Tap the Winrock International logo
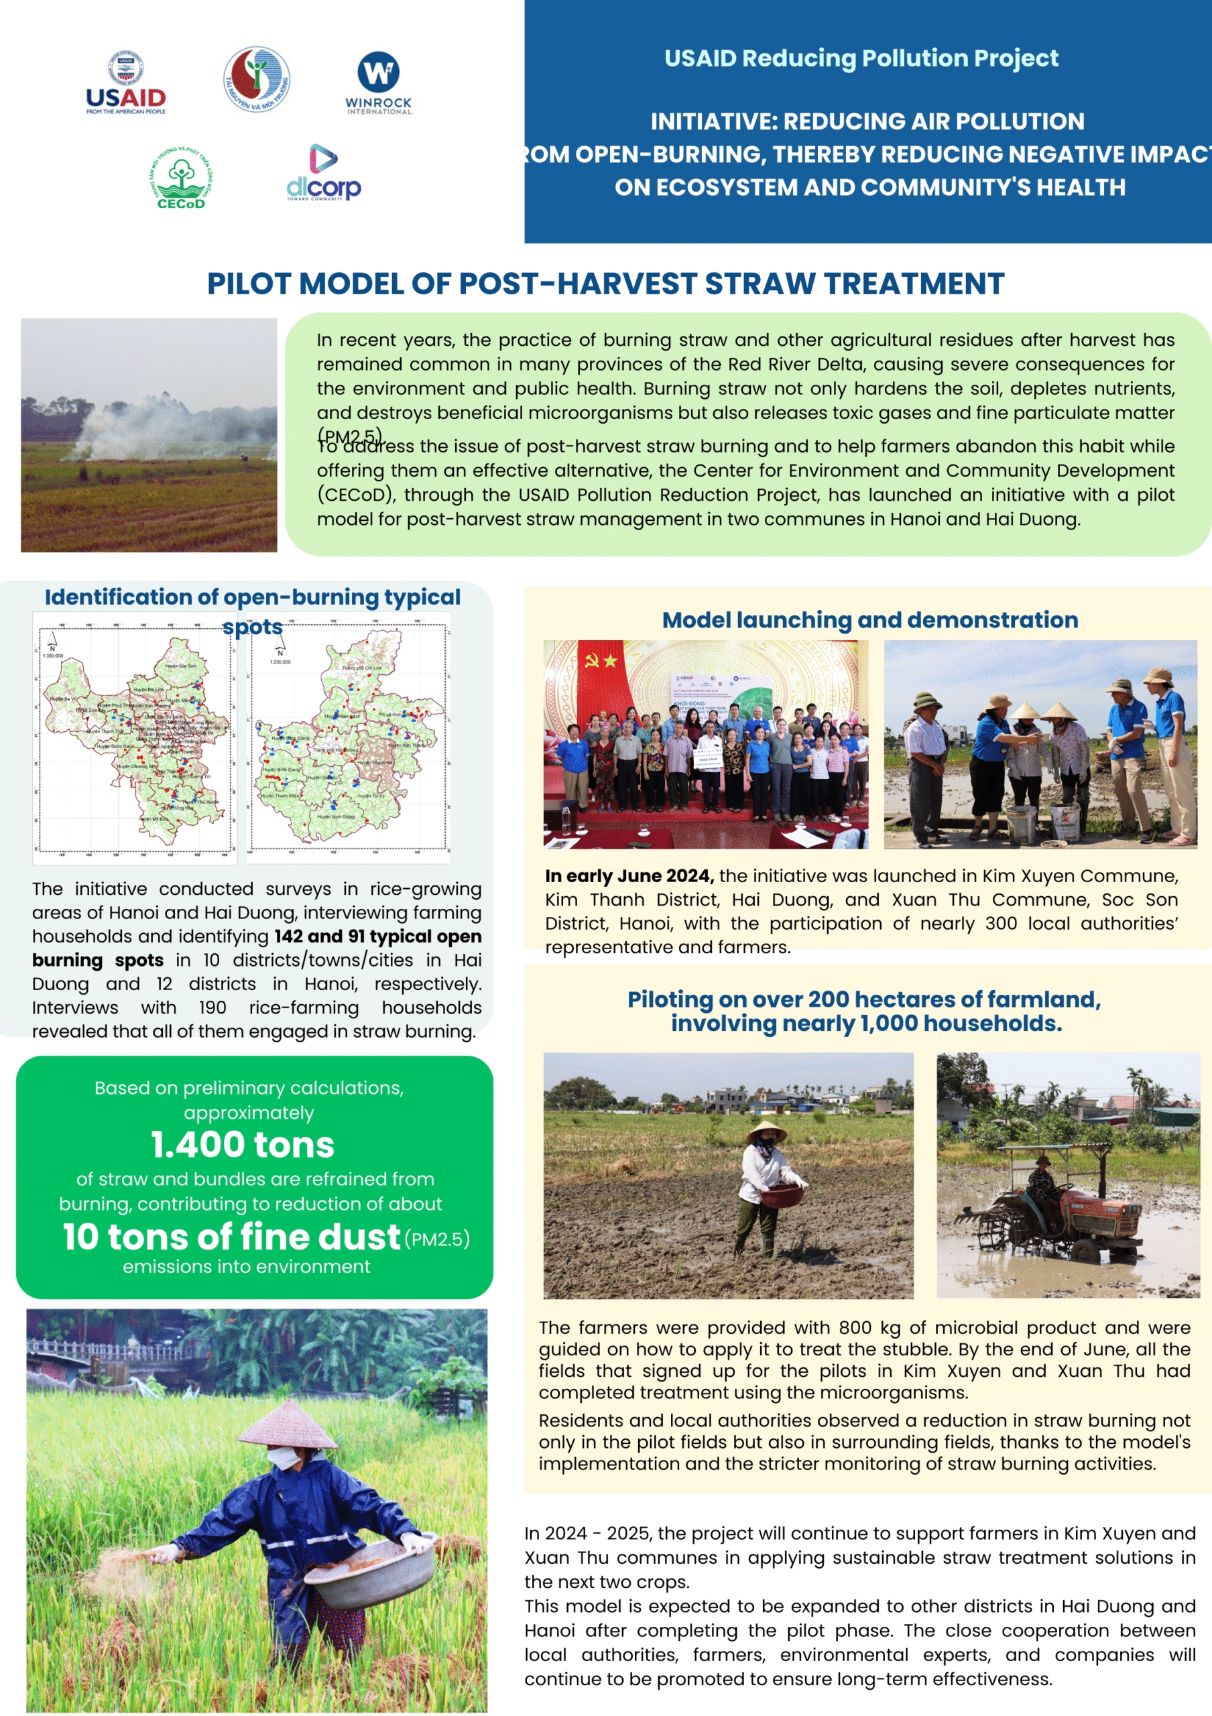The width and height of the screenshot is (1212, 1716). (x=378, y=83)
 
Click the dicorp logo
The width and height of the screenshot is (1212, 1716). (x=324, y=174)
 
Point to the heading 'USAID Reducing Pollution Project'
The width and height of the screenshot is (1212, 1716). (x=861, y=58)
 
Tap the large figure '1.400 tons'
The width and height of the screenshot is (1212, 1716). (x=243, y=1144)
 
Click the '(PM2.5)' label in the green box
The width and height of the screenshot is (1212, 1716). (x=437, y=1240)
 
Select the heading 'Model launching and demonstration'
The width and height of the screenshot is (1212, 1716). (x=869, y=619)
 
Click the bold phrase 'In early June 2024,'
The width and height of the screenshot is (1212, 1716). (x=629, y=875)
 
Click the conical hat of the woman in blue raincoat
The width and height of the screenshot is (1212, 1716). (x=287, y=1424)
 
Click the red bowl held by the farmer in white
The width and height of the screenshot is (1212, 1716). (x=782, y=1194)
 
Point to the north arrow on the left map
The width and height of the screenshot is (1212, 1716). (x=52, y=641)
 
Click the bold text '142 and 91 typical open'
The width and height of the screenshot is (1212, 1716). (x=377, y=936)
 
